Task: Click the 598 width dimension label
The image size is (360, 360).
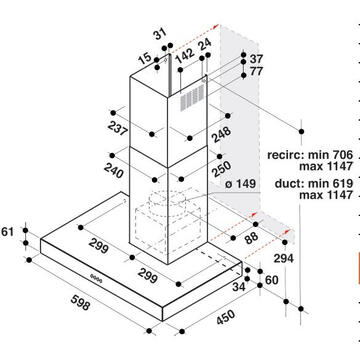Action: pos(80,302)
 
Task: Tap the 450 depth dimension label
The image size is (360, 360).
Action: pos(226,317)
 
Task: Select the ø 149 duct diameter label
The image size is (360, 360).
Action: pos(241,184)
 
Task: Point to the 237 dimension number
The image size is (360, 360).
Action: pos(117,128)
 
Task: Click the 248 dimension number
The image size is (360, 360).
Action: pos(221,134)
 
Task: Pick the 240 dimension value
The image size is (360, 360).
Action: pos(114,171)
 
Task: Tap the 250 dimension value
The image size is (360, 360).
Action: pos(221,170)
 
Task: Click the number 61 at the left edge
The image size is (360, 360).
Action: pos(8,231)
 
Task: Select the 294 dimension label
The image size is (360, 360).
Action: pos(284,258)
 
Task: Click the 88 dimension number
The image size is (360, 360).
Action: pos(251,237)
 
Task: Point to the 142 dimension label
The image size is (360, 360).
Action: pos(184,55)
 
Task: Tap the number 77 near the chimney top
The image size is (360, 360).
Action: pos(256,71)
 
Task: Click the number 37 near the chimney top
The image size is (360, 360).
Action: pos(256,59)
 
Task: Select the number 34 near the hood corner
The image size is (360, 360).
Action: pos(239,286)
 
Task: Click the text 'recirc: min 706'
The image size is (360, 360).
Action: pos(310,155)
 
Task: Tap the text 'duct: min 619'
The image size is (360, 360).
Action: pos(314,183)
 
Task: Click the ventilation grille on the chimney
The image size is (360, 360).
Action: pos(192,97)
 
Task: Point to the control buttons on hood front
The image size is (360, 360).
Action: pos(96,278)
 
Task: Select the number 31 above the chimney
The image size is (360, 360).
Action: pos(160,34)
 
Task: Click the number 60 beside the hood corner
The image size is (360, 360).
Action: pos(271,280)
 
